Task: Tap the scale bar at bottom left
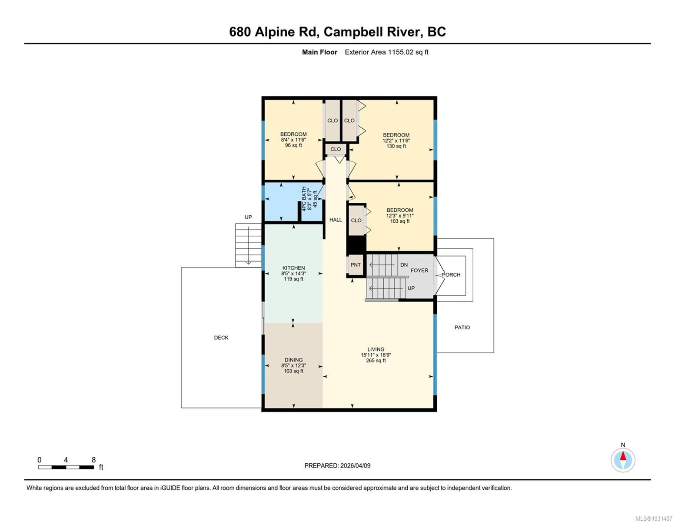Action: (66, 467)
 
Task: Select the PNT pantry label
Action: (356, 265)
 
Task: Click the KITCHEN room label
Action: (293, 268)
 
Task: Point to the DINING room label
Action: (293, 360)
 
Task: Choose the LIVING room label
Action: (376, 349)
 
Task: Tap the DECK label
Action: (221, 338)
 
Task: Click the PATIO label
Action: (462, 328)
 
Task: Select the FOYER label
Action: (419, 271)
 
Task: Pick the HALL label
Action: (335, 220)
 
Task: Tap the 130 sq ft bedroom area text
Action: (396, 146)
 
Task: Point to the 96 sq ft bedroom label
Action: (293, 145)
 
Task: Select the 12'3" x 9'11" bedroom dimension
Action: (399, 216)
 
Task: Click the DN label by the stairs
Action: (404, 265)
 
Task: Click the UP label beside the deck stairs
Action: (248, 217)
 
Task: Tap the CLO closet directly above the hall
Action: (336, 149)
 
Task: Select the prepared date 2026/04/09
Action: (355, 465)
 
